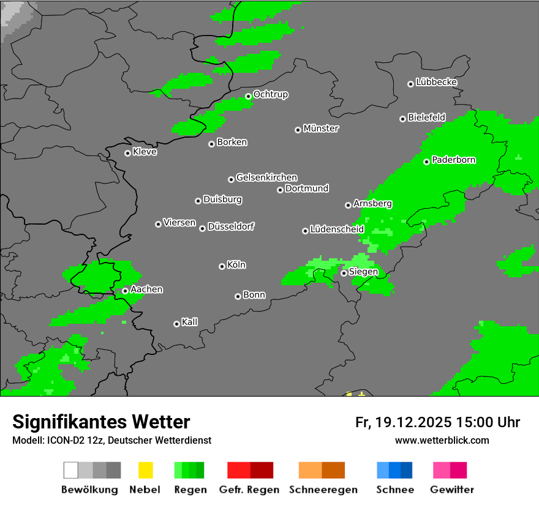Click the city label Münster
(x=321, y=129)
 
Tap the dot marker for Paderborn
(x=427, y=162)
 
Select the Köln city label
(x=236, y=265)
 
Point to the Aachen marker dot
(x=125, y=291)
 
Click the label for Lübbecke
(x=436, y=82)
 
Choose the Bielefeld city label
(x=426, y=117)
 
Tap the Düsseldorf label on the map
(x=231, y=226)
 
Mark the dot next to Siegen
(x=344, y=273)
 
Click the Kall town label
(x=189, y=322)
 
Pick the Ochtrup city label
(x=270, y=94)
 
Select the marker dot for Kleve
(x=127, y=153)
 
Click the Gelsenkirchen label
(x=266, y=177)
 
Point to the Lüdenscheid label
(x=337, y=230)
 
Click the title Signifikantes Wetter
(x=101, y=422)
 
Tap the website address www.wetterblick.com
(x=442, y=440)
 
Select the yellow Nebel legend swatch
(x=145, y=470)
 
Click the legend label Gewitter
(x=451, y=490)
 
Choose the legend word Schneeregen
(x=323, y=490)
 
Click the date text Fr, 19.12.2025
(x=403, y=422)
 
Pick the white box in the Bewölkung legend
(x=71, y=470)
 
